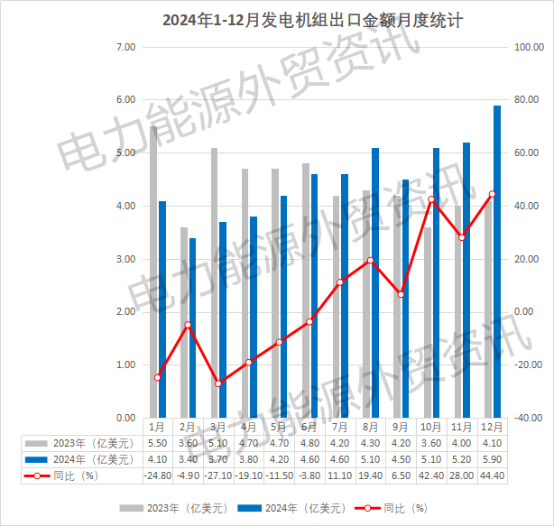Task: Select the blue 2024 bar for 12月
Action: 497,262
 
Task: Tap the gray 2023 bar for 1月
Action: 153,271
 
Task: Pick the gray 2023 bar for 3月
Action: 214,282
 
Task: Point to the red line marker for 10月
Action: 431,199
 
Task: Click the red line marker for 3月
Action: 217,383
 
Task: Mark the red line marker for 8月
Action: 370,261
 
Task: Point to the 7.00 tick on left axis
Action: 125,46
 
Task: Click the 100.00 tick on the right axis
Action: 524,46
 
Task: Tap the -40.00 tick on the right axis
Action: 524,418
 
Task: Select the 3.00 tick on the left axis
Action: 125,259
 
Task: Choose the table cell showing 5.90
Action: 491,459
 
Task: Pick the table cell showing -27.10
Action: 217,475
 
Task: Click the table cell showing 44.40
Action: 491,475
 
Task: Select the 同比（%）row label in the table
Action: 76,475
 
